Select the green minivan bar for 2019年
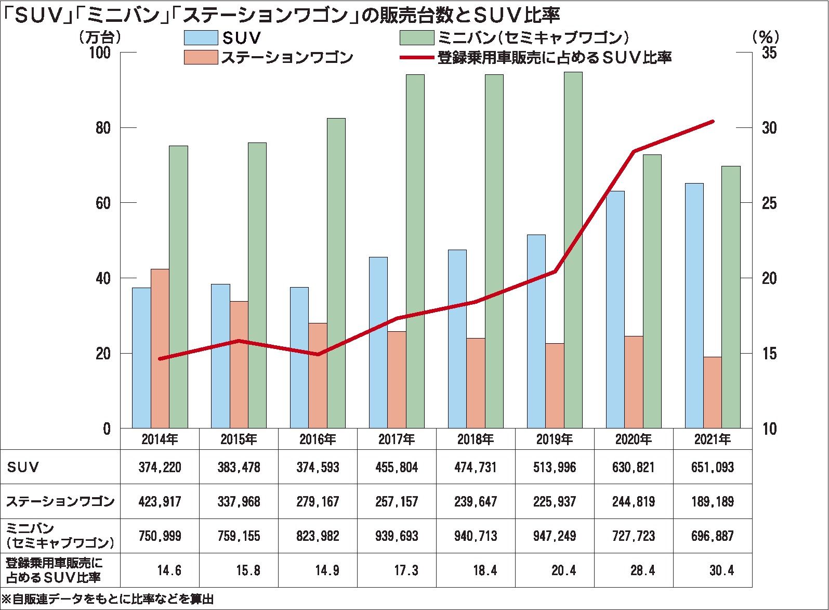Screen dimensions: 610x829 click(x=573, y=250)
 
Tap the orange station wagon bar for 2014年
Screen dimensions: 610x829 click(x=160, y=348)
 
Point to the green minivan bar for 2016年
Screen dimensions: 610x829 click(x=336, y=273)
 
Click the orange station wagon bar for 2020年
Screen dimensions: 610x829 click(x=634, y=382)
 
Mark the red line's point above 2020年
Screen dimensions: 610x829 click(x=634, y=151)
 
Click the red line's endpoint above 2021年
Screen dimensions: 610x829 click(x=713, y=122)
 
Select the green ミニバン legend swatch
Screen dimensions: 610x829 click(x=417, y=38)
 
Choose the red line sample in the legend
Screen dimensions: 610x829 click(x=417, y=57)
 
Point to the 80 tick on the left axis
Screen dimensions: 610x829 click(x=103, y=128)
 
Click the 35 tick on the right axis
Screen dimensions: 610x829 click(x=769, y=53)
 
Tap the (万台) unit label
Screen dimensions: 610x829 click(x=100, y=37)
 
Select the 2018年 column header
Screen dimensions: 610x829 click(x=476, y=439)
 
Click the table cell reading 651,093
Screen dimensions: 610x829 click(x=713, y=467)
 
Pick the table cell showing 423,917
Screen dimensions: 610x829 click(x=160, y=502)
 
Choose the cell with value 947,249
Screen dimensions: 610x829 click(x=555, y=536)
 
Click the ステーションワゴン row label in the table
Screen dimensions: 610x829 click(x=60, y=502)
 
